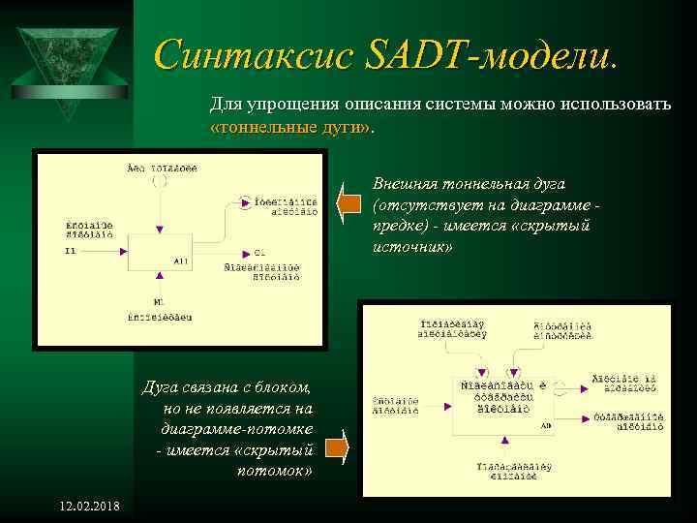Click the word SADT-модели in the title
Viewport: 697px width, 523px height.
490,54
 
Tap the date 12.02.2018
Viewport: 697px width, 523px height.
89,508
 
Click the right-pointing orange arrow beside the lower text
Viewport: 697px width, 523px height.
335,447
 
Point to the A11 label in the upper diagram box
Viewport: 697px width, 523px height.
181,261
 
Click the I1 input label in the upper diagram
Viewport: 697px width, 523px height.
70,251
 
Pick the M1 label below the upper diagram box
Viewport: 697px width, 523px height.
159,302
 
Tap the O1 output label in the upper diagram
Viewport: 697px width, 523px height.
260,252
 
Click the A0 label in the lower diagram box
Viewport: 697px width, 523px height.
546,425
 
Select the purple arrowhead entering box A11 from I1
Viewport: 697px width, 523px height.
122,251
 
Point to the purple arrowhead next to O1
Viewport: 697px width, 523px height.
246,252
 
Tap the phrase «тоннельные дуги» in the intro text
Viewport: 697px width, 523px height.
290,128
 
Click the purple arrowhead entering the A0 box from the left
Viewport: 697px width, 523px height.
444,398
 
